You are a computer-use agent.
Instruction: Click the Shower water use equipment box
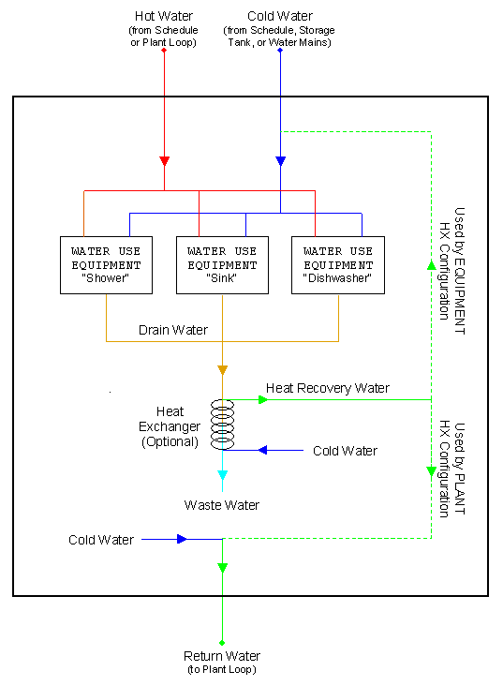106,264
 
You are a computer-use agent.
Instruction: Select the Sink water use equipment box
222,264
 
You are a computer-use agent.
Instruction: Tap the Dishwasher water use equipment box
337,264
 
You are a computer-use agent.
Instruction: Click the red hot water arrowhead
164,160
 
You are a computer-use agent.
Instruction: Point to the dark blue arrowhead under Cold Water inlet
280,160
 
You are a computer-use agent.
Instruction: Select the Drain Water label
173,330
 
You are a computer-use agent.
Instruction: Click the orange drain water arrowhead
222,370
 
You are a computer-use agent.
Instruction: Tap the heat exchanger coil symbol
222,424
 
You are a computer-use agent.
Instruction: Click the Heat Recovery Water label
327,387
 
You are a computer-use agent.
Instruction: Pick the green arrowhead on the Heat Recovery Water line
263,399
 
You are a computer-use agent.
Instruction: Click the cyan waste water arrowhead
222,475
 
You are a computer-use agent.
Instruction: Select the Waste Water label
222,505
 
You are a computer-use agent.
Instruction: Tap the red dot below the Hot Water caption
164,50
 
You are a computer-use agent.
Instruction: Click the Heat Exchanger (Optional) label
169,426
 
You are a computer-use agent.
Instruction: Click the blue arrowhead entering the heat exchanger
263,451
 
